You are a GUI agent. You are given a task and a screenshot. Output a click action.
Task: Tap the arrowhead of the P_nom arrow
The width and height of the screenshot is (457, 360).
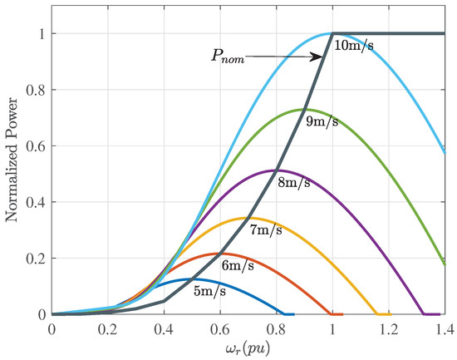pyautogui.click(x=322, y=57)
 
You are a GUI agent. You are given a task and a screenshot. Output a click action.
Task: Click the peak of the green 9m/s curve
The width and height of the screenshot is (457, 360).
pyautogui.click(x=304, y=110)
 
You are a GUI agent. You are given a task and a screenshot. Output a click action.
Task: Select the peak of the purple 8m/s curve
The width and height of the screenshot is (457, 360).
pyautogui.click(x=276, y=170)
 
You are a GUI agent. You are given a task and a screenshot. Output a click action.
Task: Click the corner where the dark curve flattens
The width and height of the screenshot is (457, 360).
pyautogui.click(x=332, y=33)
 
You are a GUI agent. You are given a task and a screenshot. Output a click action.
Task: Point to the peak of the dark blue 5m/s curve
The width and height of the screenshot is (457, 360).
pyautogui.click(x=192, y=279)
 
